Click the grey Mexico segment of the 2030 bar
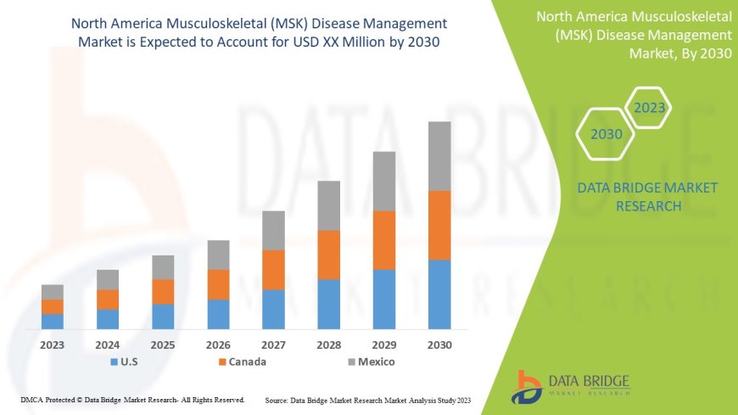coord(439,156)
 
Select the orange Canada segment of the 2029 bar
coord(384,240)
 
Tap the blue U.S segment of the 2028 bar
coord(328,304)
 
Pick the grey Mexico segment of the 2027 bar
coord(273,230)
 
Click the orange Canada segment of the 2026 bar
coord(218,284)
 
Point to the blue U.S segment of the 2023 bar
coord(53,321)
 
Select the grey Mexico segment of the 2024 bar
coord(108,279)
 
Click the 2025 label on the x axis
coord(163,345)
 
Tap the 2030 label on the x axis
coord(439,345)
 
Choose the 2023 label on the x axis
coord(53,345)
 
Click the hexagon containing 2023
coord(649,108)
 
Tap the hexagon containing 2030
coord(607,134)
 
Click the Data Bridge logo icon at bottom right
coord(527,385)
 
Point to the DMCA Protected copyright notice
coord(133,399)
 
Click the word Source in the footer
coord(277,399)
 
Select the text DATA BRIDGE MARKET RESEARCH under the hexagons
coord(635,196)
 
